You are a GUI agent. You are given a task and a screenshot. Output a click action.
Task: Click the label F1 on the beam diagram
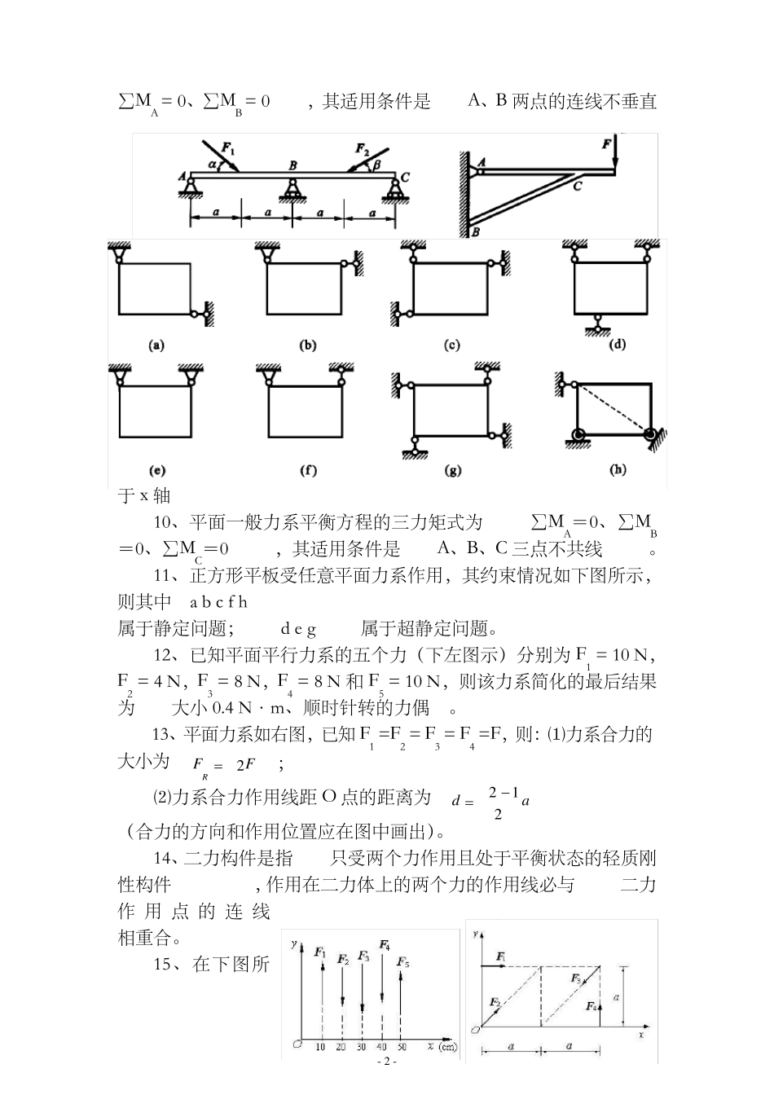tap(228, 148)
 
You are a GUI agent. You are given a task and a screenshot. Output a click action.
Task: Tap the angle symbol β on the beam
tap(376, 165)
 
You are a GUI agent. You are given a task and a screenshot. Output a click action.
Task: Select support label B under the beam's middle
tap(292, 166)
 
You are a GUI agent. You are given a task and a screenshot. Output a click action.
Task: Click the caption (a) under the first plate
tap(156, 345)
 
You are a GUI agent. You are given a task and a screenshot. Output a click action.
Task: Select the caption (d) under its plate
tap(617, 345)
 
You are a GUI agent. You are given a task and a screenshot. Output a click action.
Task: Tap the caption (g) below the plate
tap(453, 470)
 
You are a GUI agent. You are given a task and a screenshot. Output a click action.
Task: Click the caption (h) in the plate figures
tap(618, 470)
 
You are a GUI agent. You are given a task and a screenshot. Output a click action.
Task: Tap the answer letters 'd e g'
tap(298, 628)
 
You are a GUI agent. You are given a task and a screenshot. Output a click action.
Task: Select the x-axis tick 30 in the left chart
tap(361, 1046)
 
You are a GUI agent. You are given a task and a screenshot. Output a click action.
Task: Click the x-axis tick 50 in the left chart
tap(401, 1046)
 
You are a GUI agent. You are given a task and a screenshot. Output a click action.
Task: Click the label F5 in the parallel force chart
tap(403, 962)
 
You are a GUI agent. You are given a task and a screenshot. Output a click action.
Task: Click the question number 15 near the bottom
tap(165, 965)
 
